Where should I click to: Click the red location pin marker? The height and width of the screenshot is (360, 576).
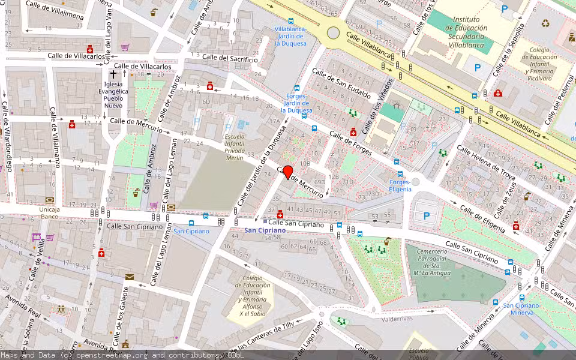pos(287,172)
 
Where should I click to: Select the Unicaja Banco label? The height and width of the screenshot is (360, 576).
pos(49,212)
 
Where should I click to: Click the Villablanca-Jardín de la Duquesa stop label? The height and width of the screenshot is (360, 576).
pos(290,36)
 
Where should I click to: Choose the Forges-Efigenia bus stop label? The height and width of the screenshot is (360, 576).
pos(400,185)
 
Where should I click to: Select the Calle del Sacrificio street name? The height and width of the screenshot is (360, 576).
pos(230,58)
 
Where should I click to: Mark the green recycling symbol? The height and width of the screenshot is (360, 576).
pos(545,23)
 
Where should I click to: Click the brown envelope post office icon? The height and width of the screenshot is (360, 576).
pos(130,277)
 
